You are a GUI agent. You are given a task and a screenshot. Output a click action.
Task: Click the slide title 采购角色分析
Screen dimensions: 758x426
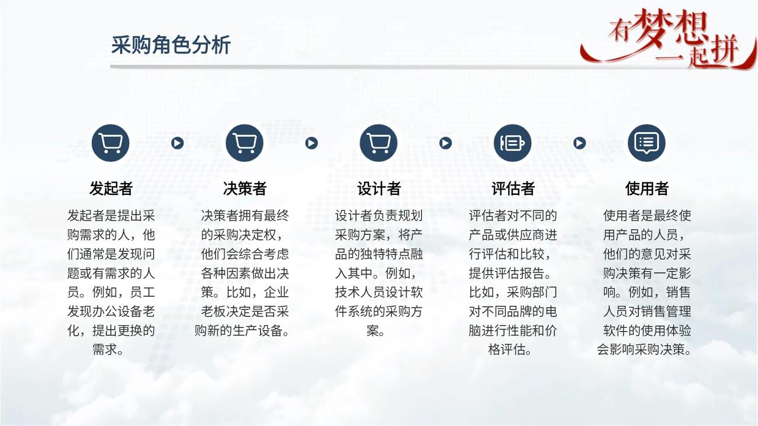coord(171,44)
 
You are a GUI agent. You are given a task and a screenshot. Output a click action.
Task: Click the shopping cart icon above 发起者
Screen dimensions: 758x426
coord(111,143)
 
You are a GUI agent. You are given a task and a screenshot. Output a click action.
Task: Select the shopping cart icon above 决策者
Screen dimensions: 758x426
coord(245,143)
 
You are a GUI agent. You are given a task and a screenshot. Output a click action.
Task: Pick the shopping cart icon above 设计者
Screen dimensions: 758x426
coord(378,143)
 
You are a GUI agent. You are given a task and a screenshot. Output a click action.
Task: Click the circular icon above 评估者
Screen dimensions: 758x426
coord(513,143)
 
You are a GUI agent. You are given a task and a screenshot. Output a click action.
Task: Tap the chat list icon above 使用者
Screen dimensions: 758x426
coord(647,143)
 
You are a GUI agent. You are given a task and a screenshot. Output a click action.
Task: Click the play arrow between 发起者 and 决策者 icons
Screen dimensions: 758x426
coord(177,143)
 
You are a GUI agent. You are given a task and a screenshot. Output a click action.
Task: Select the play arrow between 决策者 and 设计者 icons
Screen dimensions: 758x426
coord(311,143)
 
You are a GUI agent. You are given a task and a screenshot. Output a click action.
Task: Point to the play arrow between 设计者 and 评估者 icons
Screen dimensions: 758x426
coord(445,143)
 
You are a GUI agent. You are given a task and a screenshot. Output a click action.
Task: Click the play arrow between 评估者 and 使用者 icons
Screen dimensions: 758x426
coord(579,143)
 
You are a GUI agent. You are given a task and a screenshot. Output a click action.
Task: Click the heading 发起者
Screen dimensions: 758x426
coord(111,188)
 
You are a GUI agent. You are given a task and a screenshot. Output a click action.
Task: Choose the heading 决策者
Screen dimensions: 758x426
coord(245,188)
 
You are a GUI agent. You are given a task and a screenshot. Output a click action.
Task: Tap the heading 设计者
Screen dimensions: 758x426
coord(379,188)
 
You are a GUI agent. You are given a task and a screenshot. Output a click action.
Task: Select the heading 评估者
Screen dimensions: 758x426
coord(513,188)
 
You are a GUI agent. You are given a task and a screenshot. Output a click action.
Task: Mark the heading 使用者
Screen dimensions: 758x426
coord(647,188)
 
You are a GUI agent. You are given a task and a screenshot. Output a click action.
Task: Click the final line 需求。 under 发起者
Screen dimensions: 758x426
coord(108,350)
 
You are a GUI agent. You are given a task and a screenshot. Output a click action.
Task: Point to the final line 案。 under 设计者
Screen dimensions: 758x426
coord(376,331)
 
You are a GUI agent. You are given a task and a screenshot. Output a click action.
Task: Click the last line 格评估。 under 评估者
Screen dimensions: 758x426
coord(510,350)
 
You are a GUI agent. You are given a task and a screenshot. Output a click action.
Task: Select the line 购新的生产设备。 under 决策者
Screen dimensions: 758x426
coord(242,331)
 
